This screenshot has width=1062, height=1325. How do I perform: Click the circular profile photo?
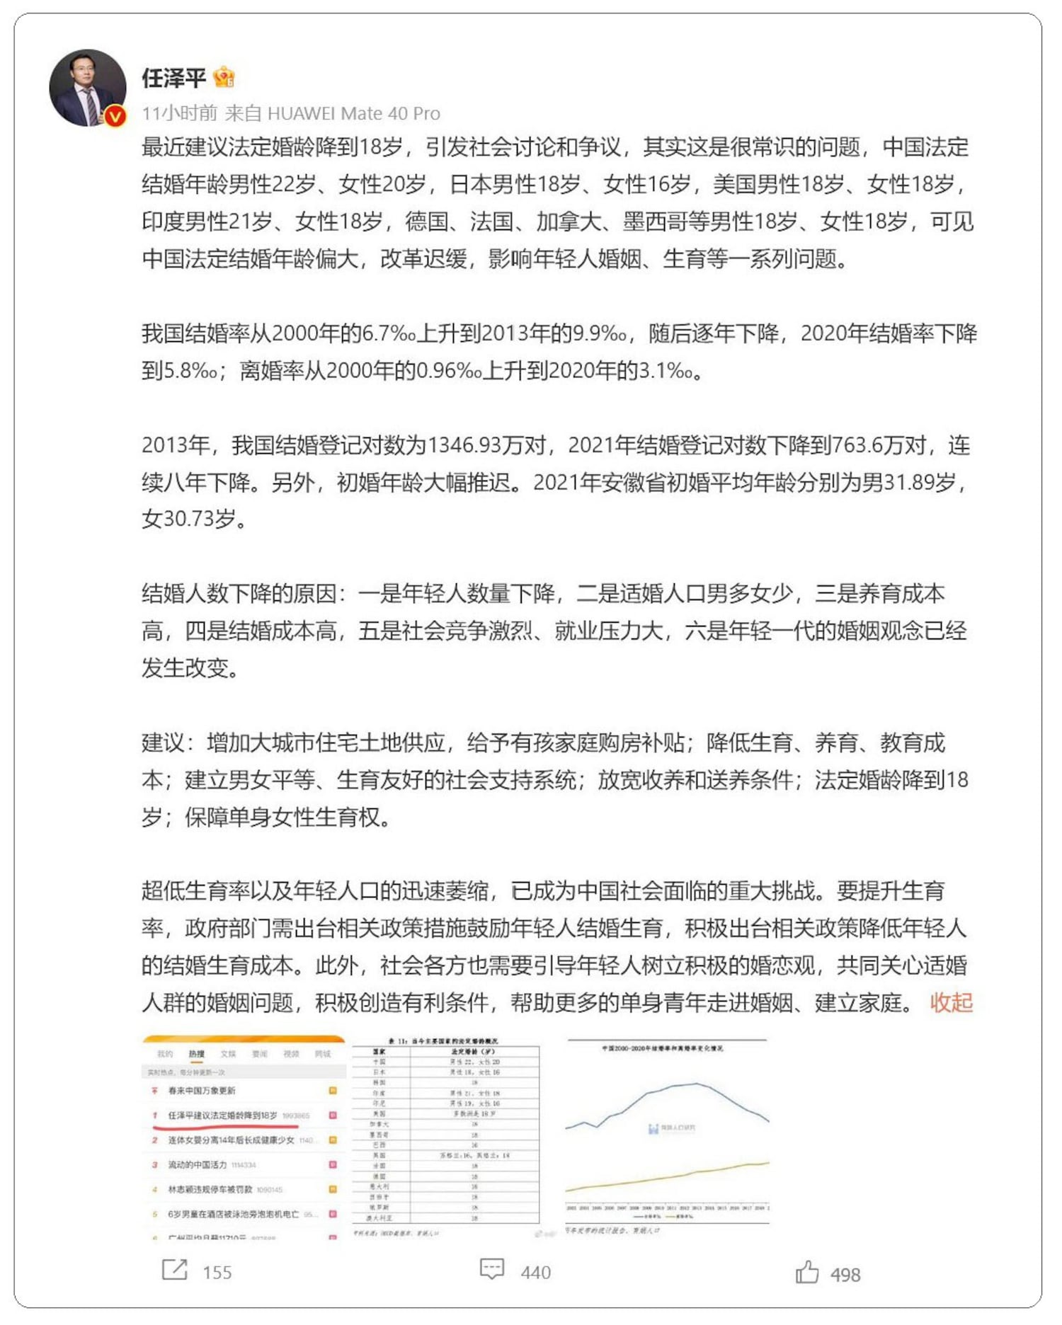[87, 88]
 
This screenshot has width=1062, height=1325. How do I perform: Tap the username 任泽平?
[173, 78]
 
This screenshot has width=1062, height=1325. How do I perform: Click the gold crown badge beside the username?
[224, 76]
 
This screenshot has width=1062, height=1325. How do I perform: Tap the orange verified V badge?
[115, 115]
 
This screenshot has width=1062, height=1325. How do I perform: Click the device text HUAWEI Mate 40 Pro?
[353, 113]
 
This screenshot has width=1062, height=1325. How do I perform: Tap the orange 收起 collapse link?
[951, 1002]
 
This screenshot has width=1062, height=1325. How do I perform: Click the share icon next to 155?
[174, 1270]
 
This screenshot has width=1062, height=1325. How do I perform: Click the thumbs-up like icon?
[806, 1272]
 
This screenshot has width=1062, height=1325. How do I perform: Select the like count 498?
[845, 1275]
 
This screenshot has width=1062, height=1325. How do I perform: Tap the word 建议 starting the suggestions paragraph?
[164, 743]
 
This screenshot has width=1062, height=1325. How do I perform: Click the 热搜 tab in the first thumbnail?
[196, 1054]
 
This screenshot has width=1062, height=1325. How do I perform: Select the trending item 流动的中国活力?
[198, 1164]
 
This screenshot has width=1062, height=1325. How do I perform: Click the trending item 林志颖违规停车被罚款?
[210, 1189]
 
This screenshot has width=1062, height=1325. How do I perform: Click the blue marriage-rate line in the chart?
[697, 1084]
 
